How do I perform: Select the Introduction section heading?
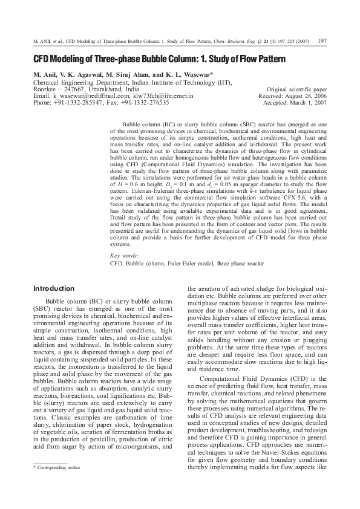click(x=54, y=289)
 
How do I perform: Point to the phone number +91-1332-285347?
click(x=79, y=103)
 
